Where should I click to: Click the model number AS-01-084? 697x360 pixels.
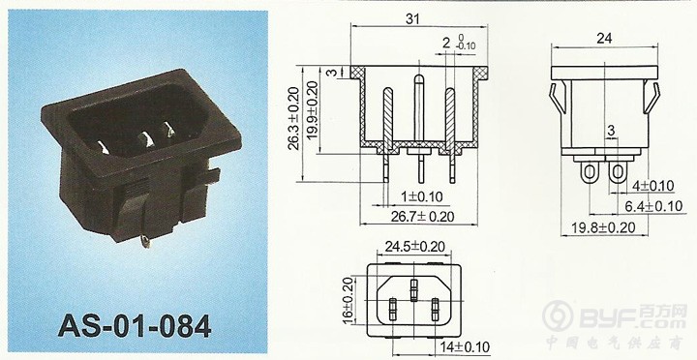tap(135, 326)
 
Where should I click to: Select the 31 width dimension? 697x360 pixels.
tap(412, 18)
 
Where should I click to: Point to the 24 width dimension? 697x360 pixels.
tap(604, 38)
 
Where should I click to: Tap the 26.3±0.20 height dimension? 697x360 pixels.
tap(294, 119)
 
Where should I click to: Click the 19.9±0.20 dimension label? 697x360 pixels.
tap(313, 110)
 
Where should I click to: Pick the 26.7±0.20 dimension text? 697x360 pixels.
tap(423, 217)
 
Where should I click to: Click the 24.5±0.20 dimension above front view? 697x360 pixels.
tap(414, 246)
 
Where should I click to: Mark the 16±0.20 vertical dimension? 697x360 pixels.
tap(348, 300)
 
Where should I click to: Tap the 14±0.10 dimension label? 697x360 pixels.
tap(465, 346)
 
